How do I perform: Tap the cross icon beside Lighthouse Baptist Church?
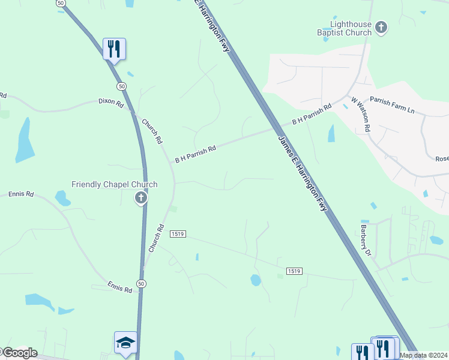[381, 27]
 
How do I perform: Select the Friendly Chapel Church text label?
[114, 185]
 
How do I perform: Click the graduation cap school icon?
[125, 343]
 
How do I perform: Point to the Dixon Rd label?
[111, 104]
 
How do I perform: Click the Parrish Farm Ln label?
[392, 106]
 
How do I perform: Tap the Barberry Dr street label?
[366, 241]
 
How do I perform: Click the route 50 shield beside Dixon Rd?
[122, 86]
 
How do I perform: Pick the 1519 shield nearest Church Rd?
[176, 233]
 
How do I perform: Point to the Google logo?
[19, 353]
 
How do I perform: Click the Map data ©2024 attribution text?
[423, 355]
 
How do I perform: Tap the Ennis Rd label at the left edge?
[21, 194]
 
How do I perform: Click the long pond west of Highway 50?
[25, 140]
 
